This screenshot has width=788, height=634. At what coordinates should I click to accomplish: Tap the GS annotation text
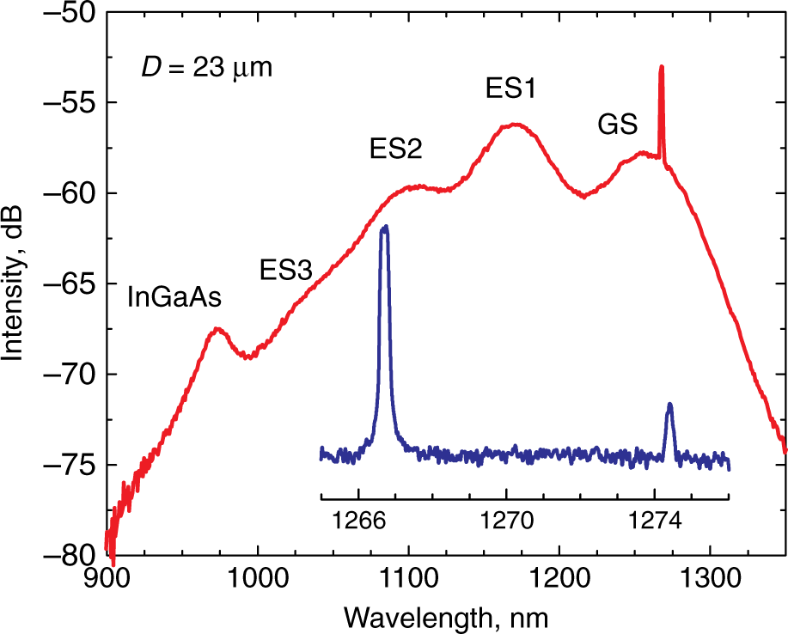tap(617, 125)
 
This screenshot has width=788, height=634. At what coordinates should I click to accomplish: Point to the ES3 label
tap(285, 271)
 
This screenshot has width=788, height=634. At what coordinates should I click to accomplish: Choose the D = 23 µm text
tap(206, 67)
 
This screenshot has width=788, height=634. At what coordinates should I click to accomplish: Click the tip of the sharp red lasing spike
tap(661, 66)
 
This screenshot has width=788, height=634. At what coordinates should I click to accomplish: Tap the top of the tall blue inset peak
tap(385, 227)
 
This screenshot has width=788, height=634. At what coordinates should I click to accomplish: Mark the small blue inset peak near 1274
tap(669, 405)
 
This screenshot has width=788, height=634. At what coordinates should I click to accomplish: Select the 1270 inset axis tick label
tap(506, 521)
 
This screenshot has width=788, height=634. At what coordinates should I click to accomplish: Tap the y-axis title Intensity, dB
tap(14, 283)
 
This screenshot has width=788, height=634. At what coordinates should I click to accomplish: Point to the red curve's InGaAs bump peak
tap(217, 328)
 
